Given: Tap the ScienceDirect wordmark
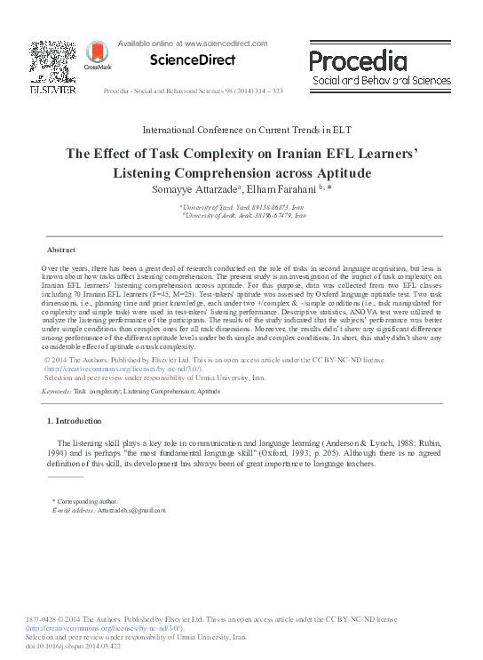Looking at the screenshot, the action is (192, 60).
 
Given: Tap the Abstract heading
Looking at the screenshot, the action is (61, 250).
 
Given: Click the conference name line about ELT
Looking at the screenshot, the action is (241, 130).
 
